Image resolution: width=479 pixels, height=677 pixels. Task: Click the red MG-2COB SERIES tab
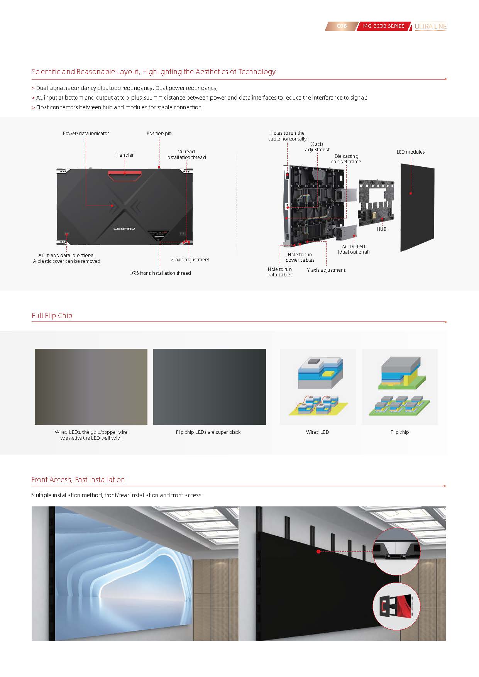coord(383,26)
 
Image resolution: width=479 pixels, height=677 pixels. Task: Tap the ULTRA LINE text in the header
coord(430,27)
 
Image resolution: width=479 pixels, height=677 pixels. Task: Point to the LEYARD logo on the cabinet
coord(124,228)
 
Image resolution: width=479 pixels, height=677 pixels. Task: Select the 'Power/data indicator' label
coord(86,134)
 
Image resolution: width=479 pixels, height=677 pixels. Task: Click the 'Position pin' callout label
coord(159,134)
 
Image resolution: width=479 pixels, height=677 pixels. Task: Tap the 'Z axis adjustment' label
coord(190,260)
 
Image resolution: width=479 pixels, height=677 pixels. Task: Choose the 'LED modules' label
coord(411,152)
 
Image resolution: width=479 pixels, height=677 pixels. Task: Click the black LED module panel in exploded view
coord(417,207)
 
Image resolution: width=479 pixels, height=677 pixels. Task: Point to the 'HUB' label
coord(382,229)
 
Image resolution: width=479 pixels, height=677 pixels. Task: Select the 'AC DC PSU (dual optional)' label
coord(354,249)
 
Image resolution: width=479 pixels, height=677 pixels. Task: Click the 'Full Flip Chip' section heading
coord(52,315)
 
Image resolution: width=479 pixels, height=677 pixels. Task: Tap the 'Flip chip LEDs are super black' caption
coord(208,432)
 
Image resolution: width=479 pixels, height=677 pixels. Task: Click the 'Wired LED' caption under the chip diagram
coord(318,432)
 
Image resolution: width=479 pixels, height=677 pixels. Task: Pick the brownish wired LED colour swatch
coord(91,387)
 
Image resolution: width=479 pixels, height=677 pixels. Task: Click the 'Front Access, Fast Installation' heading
coord(78,480)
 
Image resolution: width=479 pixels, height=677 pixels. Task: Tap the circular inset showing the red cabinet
coord(396,606)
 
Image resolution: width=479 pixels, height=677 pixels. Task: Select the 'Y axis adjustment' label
coord(326,270)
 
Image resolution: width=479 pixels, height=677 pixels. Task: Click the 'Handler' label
coord(125,155)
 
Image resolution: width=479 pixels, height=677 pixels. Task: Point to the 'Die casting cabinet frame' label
coord(346,159)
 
